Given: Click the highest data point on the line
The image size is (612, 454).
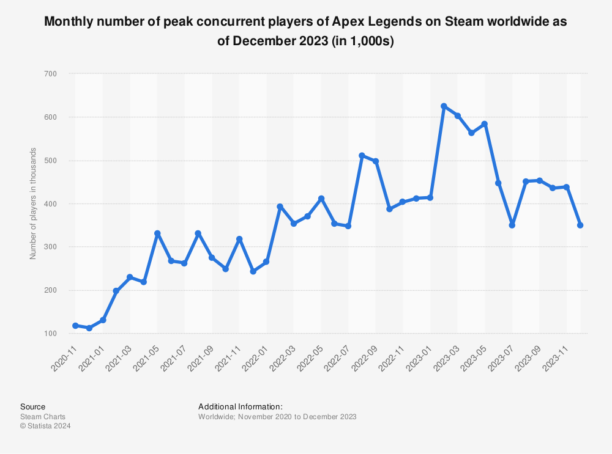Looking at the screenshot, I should point(444,106).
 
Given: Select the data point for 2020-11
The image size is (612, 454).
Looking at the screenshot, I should point(75,326).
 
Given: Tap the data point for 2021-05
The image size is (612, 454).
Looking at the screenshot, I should point(157,233).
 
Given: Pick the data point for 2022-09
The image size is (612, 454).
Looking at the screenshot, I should point(376,161).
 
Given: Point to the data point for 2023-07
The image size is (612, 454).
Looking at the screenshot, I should point(512,225).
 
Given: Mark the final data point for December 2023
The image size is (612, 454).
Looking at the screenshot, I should point(580,225).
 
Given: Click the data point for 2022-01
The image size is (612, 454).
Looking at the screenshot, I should point(266,262).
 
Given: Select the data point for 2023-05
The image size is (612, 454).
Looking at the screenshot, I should point(485,124).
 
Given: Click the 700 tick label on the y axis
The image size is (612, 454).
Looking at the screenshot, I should point(50,74).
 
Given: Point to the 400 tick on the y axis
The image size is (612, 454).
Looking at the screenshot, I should point(50,203).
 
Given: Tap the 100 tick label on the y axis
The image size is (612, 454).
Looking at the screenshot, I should point(50,334).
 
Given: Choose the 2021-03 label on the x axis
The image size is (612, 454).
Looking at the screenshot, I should point(119,355).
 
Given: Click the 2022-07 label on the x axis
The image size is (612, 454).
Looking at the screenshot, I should point(337,355).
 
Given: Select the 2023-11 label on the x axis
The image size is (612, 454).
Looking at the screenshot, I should point(555,355).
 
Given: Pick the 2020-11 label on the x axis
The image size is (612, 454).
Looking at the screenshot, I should point(64,355).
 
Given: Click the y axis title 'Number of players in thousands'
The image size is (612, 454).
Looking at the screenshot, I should point(33,203).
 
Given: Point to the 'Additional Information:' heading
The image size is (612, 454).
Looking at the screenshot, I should point(240,406).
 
